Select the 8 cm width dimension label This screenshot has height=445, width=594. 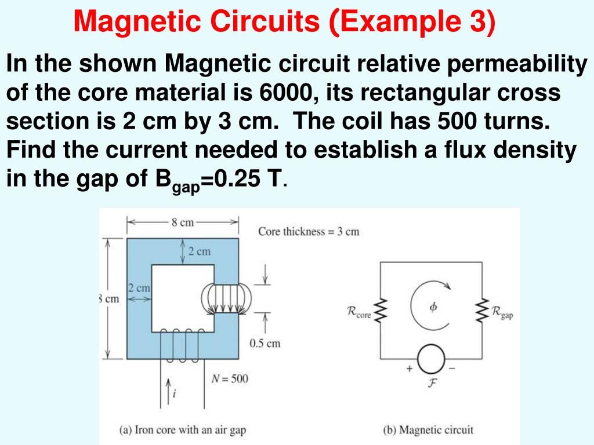point(183,223)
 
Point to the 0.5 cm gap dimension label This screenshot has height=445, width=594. point(265,343)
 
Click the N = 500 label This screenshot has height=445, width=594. point(229,379)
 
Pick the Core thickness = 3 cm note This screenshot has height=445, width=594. point(309,232)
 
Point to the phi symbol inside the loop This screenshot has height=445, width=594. point(433,308)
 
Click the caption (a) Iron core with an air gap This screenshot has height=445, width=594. point(183,430)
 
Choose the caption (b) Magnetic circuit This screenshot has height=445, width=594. point(428,430)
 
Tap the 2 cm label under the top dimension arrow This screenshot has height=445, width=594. point(200,251)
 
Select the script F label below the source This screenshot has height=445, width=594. point(431,384)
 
